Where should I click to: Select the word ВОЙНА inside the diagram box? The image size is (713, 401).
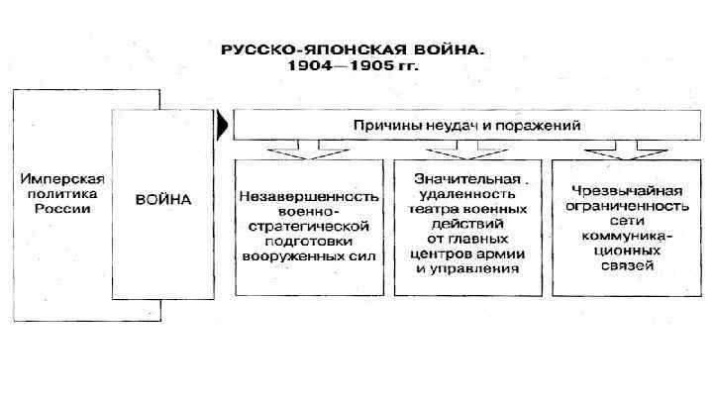163,198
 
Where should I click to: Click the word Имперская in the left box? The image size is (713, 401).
61,180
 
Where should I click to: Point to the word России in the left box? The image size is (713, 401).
61,211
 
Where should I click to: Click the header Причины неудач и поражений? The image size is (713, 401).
466,125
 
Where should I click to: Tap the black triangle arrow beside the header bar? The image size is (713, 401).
225,126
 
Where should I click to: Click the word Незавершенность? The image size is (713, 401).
308,195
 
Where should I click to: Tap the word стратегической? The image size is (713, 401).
308,226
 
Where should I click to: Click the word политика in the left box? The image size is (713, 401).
61,195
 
